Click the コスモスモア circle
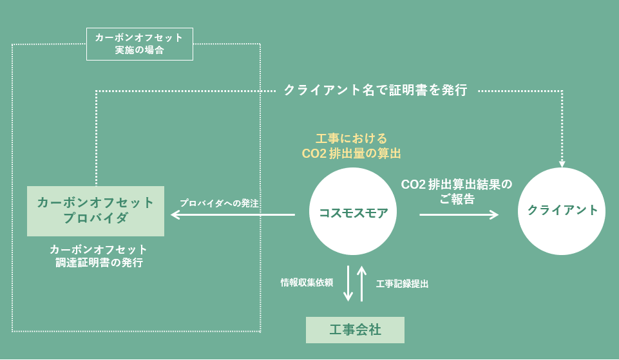pyautogui.click(x=354, y=212)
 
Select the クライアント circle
pyautogui.click(x=562, y=211)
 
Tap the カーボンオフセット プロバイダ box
pyautogui.click(x=95, y=211)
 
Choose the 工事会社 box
pyautogui.click(x=355, y=330)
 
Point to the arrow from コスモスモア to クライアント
pyautogui.click(x=459, y=214)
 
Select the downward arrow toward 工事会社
pyautogui.click(x=348, y=283)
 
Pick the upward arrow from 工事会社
pyautogui.click(x=362, y=283)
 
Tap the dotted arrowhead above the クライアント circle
pyautogui.click(x=562, y=162)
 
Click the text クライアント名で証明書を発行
pyautogui.click(x=376, y=90)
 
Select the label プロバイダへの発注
pyautogui.click(x=219, y=203)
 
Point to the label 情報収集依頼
pyautogui.click(x=307, y=282)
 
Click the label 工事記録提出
pyautogui.click(x=403, y=283)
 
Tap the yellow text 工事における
pyautogui.click(x=352, y=138)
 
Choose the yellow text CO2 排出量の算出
pyautogui.click(x=352, y=153)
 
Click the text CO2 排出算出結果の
pyautogui.click(x=457, y=184)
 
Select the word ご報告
pyautogui.click(x=457, y=199)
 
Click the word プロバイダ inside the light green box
pyautogui.click(x=95, y=218)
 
